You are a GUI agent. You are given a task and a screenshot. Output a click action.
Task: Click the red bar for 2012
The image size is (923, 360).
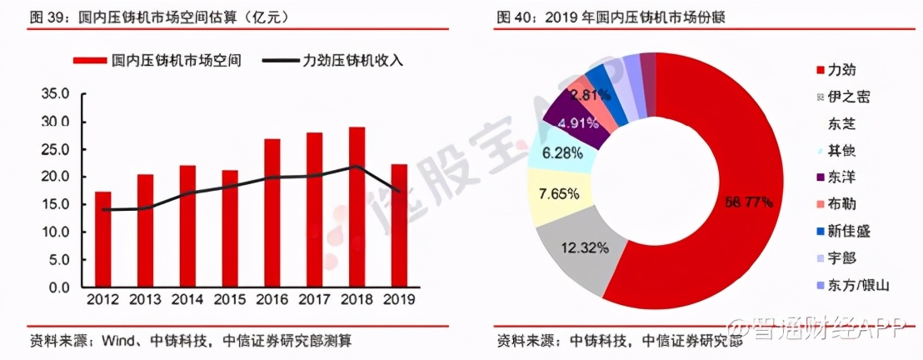[103, 240]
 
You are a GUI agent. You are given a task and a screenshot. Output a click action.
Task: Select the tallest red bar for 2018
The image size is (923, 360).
[357, 207]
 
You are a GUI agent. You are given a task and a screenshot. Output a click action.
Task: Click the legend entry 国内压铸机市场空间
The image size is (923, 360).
[158, 61]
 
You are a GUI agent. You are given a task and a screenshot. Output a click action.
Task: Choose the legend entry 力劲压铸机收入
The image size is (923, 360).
[332, 61]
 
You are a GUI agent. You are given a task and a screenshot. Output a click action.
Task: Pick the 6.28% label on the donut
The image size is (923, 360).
[559, 153]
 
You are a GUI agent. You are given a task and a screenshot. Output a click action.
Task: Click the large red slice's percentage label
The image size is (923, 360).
[748, 202]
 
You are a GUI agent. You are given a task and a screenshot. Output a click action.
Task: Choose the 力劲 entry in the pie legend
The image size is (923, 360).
[840, 70]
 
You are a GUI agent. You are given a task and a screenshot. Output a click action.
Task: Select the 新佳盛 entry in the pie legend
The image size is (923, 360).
[847, 231]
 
